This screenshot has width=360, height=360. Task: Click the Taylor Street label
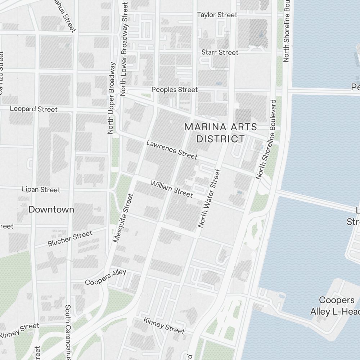pyautogui.click(x=217, y=15)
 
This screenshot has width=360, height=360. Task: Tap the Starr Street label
pyautogui.click(x=220, y=53)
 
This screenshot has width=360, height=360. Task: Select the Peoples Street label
pyautogui.click(x=175, y=89)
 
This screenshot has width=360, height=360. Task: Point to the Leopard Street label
pyautogui.click(x=33, y=109)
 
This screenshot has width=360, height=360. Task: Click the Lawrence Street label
pyautogui.click(x=172, y=149)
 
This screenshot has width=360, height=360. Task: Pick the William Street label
pyautogui.click(x=172, y=189)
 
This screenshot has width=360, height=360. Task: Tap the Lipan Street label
pyautogui.click(x=41, y=189)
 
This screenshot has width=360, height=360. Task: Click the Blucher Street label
pyautogui.click(x=70, y=239)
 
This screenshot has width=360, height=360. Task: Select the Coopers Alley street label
pyautogui.click(x=105, y=277)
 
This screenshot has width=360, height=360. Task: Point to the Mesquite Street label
pyautogui.click(x=123, y=218)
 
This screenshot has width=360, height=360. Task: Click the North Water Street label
pyautogui.click(x=209, y=199)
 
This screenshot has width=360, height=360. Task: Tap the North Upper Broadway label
pyautogui.click(x=112, y=98)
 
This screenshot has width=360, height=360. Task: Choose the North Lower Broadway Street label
pyautogui.click(x=124, y=49)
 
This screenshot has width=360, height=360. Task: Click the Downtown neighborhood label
pyautogui.click(x=51, y=210)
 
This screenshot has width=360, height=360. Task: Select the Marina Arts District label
pyautogui.click(x=221, y=132)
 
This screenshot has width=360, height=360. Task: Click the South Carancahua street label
pyautogui.click(x=68, y=331)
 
